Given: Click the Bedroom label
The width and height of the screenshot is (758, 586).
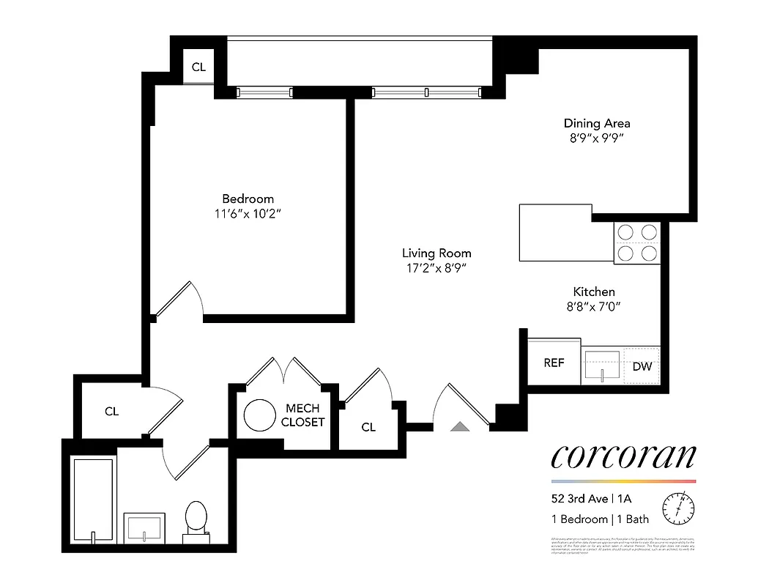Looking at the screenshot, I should tap(248, 199).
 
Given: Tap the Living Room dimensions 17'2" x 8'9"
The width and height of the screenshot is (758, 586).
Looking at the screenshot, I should tap(436, 268).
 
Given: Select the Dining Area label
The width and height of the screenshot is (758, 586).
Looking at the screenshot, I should tap(596, 123).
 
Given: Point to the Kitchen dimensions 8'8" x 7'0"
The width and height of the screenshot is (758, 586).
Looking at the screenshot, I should tap(593, 307).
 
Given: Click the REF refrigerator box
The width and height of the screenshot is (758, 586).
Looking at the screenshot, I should tap(554, 363).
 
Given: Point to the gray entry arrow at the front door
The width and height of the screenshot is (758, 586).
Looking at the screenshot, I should tap(459, 426).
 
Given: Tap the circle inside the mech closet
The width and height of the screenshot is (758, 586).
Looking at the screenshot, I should tap(259, 415).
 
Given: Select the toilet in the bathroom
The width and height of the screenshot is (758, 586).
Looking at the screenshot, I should tap(196, 519).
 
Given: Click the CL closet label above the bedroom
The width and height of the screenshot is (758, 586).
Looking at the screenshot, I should tap(198, 67).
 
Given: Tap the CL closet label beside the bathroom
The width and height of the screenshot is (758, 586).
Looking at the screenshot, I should tap(111, 412).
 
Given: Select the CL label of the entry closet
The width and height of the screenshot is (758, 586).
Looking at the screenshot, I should tap(368, 427).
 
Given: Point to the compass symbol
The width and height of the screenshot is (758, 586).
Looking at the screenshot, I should tap(678, 507).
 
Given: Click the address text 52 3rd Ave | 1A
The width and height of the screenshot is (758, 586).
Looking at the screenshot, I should tap(592, 499).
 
